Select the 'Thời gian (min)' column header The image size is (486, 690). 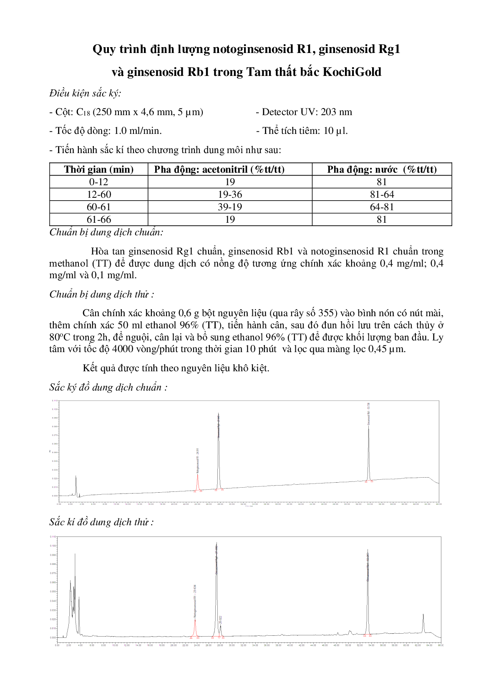tap(99, 169)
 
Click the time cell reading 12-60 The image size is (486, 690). tap(99, 194)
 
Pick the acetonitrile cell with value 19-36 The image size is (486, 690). tap(230, 194)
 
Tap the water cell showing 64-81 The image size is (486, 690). tap(382, 207)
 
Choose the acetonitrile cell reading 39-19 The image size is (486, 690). tap(230, 207)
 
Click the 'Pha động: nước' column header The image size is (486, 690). tap(382, 169)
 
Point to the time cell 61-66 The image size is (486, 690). tap(99, 219)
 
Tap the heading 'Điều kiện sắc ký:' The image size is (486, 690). tap(85, 93)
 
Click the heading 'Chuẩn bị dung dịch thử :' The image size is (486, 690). tap(101, 295)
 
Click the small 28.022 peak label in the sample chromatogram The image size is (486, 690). tap(220, 619)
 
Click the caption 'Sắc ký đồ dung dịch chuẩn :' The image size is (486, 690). tap(108, 388)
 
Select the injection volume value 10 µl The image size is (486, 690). tap(335, 131)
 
